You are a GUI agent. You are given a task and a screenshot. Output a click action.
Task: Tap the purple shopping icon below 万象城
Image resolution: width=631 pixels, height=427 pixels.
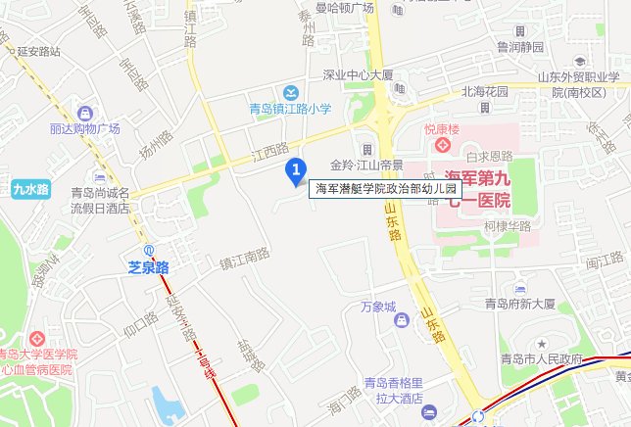coord(400,320)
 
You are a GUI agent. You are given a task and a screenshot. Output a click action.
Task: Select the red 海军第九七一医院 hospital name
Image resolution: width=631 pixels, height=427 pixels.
coord(477,190)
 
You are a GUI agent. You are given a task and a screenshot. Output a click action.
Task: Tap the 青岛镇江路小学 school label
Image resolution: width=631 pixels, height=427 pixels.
coord(291,109)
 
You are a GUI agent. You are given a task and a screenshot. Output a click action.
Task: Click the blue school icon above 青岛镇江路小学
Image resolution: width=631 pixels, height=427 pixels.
coord(290,92)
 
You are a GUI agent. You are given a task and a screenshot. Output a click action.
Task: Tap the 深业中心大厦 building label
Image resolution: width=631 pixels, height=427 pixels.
coord(358,74)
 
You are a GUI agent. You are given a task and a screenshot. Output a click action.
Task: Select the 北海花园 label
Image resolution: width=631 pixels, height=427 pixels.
coord(486,91)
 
